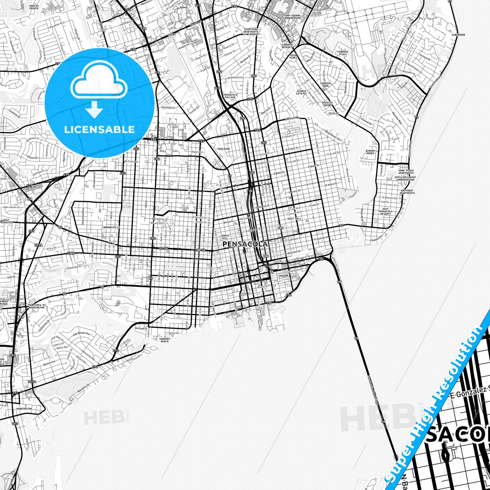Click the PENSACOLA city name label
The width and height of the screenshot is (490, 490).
245,244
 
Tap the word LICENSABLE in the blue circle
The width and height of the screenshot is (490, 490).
99,129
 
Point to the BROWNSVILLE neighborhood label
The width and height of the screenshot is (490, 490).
112,227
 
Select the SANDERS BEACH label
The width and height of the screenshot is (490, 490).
164,340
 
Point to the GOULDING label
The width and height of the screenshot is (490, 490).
223,149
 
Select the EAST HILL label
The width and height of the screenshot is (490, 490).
294,219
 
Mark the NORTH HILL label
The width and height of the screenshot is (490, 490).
225,237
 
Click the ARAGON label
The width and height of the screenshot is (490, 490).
283,276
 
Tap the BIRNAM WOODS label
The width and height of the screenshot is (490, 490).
370,152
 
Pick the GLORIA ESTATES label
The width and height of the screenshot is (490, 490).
301,92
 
